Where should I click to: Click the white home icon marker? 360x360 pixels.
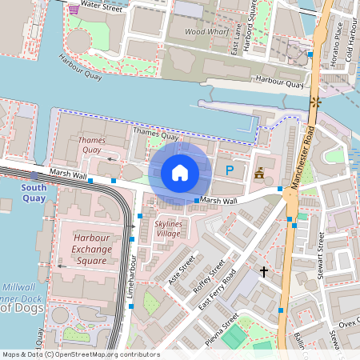tap(180, 172)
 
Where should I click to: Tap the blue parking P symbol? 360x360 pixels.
tap(230, 170)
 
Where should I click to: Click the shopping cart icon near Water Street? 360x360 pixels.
tap(74, 9)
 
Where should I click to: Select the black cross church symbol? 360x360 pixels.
tap(265, 272)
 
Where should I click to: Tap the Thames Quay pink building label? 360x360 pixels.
tap(91, 145)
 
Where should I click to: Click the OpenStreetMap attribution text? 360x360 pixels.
tap(80, 354)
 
